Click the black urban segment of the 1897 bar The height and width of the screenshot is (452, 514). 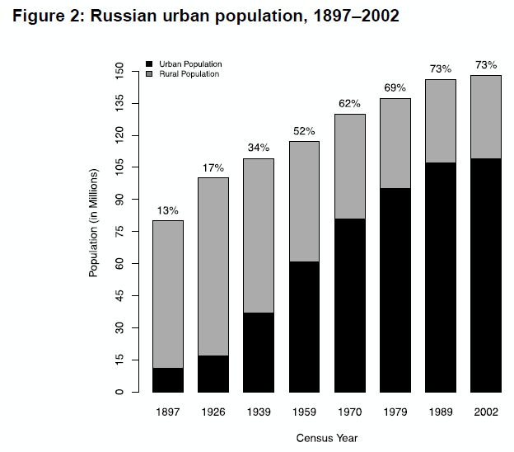pos(167,380)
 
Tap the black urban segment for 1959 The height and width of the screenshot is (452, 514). pos(303,327)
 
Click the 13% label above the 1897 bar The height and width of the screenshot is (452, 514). pos(167,210)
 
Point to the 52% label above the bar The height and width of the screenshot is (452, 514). pos(303,131)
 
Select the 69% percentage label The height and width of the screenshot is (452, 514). pos(394,88)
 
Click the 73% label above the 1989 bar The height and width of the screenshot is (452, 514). pos(439,69)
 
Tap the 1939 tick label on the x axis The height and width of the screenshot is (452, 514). pos(258,411)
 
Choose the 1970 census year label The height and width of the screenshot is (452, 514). pos(348,411)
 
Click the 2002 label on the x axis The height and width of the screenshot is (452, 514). pos(484,411)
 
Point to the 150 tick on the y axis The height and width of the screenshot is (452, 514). pos(119,71)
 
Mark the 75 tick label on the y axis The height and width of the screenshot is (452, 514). pos(119,232)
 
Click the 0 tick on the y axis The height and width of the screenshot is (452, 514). pos(119,392)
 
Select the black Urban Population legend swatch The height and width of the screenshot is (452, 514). pos(149,64)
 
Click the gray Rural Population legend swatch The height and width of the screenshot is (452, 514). pos(149,74)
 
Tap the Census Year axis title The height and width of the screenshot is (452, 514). pos(327,438)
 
